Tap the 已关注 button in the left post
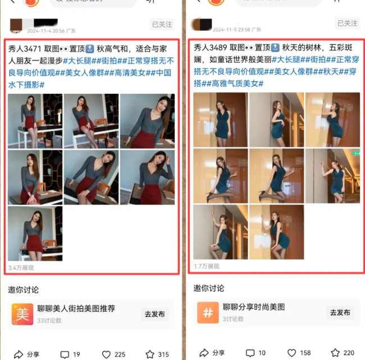point(162,24)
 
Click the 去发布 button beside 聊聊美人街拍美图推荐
point(154,313)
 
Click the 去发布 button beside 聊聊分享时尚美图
point(340,312)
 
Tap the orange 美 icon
point(22,313)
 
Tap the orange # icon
point(208,312)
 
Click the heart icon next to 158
point(291,353)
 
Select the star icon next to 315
point(150,354)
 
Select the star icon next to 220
point(335,353)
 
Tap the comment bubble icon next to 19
point(65,354)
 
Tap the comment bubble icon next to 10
point(250,353)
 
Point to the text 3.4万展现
point(21,267)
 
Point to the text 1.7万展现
point(206,266)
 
